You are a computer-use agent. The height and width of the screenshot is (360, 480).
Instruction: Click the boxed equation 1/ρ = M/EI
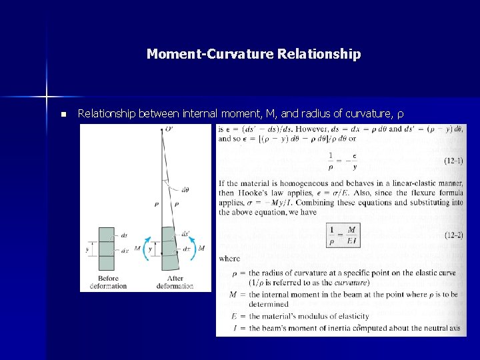click(x=343, y=235)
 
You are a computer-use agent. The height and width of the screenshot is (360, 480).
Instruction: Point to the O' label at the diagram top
click(x=169, y=129)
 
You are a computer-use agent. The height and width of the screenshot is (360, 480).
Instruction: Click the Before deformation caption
click(x=108, y=282)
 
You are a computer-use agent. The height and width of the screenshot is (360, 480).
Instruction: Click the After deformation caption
click(x=175, y=282)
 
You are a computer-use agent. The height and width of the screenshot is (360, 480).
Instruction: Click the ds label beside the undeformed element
click(x=125, y=235)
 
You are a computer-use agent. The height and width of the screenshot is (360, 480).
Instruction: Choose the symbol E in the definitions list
click(x=233, y=316)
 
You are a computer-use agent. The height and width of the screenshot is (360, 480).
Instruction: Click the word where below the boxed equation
click(x=230, y=259)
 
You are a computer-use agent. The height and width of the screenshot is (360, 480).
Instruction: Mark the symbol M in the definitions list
click(x=233, y=294)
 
